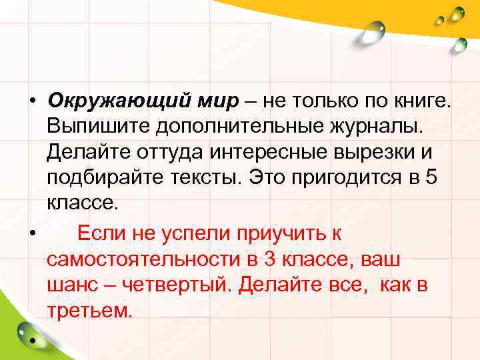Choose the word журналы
[x=370, y=126]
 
